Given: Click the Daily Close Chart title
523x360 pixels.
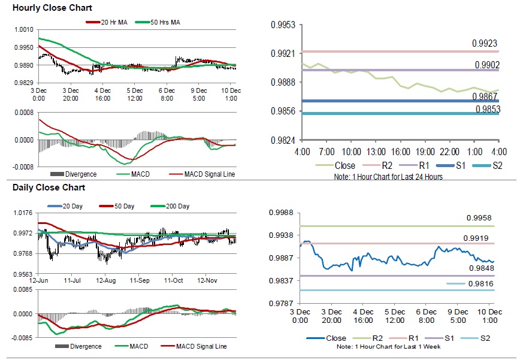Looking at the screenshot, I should click(x=49, y=187).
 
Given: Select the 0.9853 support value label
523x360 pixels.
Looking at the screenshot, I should click(x=488, y=108).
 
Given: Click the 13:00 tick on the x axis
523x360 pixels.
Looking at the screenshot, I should click(x=376, y=153).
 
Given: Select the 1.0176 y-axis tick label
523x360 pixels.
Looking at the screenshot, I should click(x=23, y=213).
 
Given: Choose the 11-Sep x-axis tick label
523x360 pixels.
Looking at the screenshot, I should click(x=140, y=280).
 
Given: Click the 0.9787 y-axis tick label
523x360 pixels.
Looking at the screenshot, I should click(x=280, y=303).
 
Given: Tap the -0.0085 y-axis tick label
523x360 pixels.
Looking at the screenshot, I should click(x=22, y=337).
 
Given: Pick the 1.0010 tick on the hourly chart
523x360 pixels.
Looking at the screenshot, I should click(x=23, y=29).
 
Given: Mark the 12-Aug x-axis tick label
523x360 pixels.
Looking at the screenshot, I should click(x=105, y=280).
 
